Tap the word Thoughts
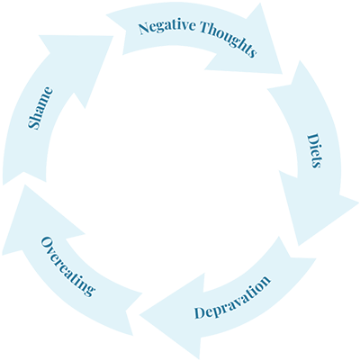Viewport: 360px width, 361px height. click(229, 38)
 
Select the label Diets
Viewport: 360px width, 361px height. click(314, 150)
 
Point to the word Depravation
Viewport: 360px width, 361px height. click(232, 296)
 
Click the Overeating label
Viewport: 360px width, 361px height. click(67, 266)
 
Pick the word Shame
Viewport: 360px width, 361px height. click(40, 108)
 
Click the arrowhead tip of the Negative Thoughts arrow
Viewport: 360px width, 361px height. click(283, 74)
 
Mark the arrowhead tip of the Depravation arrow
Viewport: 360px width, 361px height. click(139, 315)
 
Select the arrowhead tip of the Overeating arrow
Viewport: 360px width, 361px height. click(24, 185)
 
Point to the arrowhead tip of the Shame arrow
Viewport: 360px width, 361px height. click(113, 36)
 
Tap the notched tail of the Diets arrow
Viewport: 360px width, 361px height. click(283, 87)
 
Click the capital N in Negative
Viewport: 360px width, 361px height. click(145, 28)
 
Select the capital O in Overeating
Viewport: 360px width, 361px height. click(46, 242)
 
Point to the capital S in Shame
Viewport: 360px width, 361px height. click(34, 124)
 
